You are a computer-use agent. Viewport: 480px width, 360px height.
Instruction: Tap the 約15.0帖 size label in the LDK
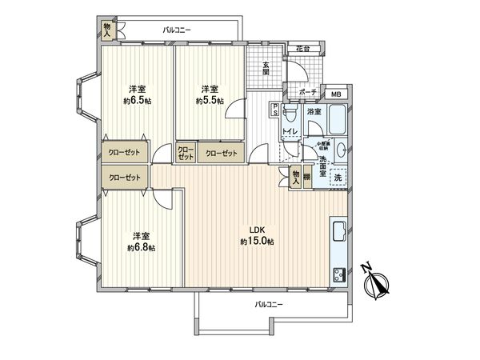(259, 242)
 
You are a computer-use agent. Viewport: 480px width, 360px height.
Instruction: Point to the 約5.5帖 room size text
(210, 102)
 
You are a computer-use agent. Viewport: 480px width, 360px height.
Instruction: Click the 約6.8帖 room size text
(141, 248)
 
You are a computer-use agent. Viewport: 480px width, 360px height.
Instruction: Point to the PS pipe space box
(275, 110)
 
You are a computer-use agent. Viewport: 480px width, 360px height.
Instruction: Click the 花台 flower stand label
(302, 50)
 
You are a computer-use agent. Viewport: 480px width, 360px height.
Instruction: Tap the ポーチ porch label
(308, 93)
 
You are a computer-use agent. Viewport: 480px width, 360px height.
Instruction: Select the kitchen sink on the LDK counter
(337, 230)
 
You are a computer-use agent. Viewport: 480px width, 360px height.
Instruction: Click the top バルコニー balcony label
(177, 30)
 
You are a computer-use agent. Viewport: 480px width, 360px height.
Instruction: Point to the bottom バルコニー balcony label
(270, 305)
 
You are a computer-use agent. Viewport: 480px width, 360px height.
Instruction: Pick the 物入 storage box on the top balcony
(107, 29)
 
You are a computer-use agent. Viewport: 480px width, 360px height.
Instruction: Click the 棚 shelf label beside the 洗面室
(306, 178)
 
